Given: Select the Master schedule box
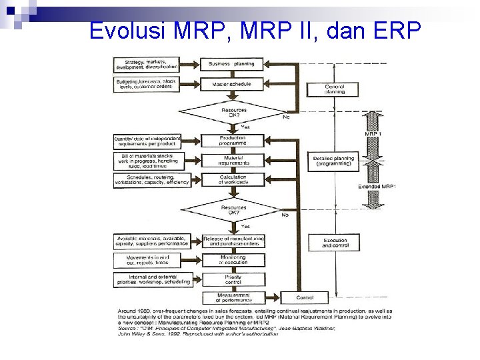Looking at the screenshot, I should click(x=233, y=85).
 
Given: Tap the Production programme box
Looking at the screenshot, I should click(x=233, y=141).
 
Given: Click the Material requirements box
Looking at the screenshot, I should click(x=233, y=160).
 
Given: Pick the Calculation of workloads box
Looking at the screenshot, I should click(x=233, y=179).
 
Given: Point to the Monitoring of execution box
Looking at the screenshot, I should click(x=233, y=260).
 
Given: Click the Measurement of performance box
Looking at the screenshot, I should click(x=233, y=296).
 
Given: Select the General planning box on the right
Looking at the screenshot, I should click(x=334, y=89).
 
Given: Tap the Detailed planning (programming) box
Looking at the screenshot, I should click(x=334, y=160).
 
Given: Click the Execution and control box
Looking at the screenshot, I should click(x=334, y=242).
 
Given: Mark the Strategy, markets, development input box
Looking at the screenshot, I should click(x=147, y=65).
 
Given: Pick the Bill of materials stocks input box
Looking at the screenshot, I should click(x=147, y=160).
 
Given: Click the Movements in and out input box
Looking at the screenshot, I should click(x=147, y=260).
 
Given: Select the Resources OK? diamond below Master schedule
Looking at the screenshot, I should click(x=233, y=111).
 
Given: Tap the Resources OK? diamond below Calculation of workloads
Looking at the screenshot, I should click(x=233, y=210).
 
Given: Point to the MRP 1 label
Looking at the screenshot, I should click(x=373, y=134).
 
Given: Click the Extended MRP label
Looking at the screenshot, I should click(x=377, y=186).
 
